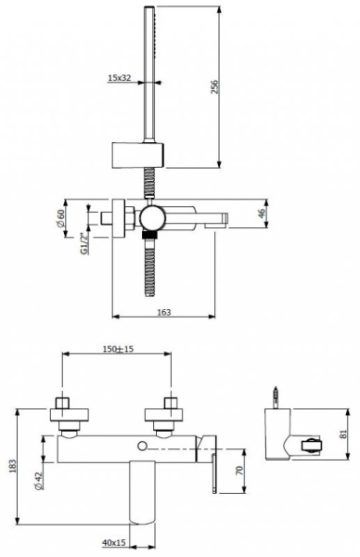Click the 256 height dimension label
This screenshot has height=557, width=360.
point(215,86)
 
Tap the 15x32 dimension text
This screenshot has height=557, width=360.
point(120,78)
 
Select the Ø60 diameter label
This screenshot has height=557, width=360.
point(60,218)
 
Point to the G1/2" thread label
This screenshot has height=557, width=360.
point(84,243)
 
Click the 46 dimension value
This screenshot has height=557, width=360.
point(261,214)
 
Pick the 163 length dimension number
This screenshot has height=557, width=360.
point(163,312)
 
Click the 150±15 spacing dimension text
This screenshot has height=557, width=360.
point(118,349)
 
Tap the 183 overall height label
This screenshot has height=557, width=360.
point(12,466)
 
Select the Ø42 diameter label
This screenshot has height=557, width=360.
point(39,481)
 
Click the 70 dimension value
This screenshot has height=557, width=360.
point(239,470)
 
